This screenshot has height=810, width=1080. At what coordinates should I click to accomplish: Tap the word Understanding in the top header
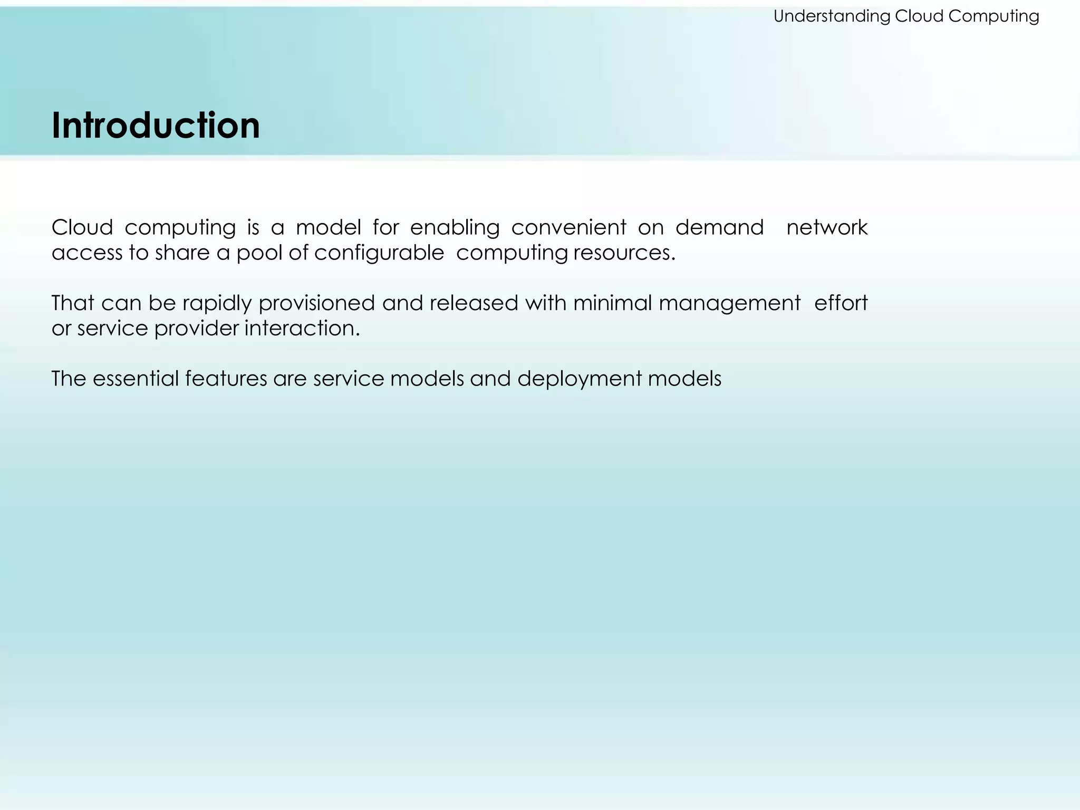[x=832, y=16]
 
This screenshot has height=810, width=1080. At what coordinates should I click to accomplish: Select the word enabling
[x=455, y=228]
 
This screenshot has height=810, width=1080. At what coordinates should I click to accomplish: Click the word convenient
[x=568, y=228]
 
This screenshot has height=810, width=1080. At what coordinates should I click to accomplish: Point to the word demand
[x=719, y=228]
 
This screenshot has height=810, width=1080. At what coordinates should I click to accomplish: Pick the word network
[x=826, y=228]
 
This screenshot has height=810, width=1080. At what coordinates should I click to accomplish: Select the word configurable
[x=379, y=253]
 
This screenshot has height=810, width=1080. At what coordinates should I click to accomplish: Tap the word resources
[x=624, y=253]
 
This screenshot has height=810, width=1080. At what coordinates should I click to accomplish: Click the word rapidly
[x=217, y=303]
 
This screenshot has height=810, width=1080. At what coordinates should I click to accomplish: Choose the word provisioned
[x=316, y=303]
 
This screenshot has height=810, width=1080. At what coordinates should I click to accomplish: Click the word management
[x=729, y=303]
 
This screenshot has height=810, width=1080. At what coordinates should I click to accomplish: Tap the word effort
[x=841, y=303]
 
